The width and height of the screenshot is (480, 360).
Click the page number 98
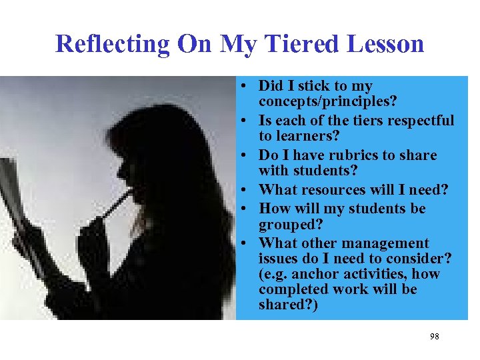click(434, 337)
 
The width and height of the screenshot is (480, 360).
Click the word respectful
click(417, 121)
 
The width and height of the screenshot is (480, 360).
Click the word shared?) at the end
click(289, 305)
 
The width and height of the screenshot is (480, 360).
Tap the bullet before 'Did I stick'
click(246, 87)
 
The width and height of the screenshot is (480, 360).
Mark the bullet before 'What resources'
click(246, 191)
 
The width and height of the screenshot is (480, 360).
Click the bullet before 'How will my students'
click(246, 209)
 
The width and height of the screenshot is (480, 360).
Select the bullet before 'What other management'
click(246, 244)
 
